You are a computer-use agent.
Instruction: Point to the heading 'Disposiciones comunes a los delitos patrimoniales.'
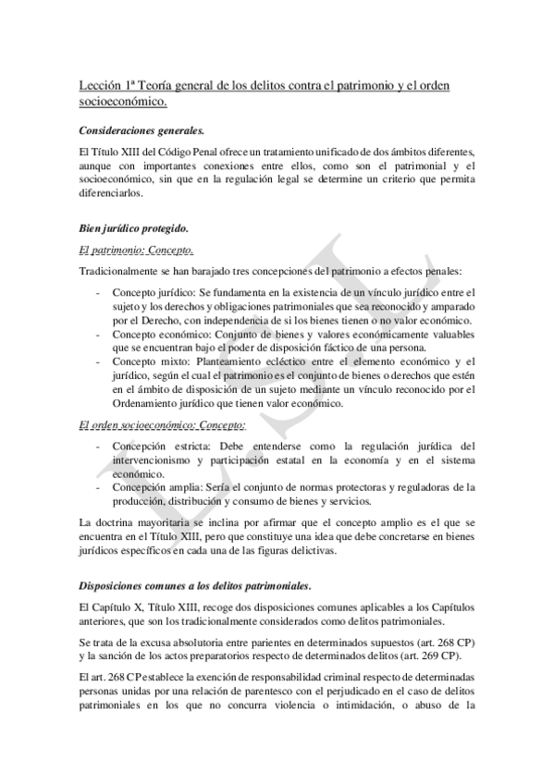pyautogui.click(x=195, y=586)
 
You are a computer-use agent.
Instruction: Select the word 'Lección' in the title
pyautogui.click(x=102, y=86)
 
